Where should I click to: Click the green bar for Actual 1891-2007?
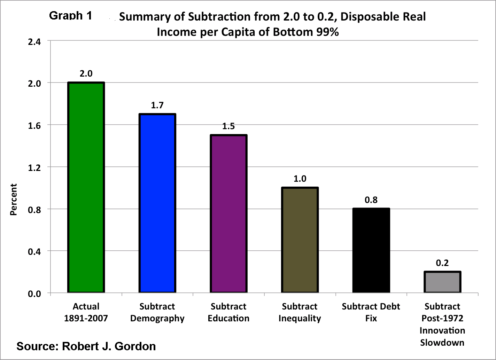[86, 188]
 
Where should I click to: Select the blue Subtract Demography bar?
[157, 204]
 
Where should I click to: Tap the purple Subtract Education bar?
[228, 214]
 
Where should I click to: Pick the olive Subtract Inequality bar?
[300, 240]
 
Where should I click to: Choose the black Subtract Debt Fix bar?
[371, 251]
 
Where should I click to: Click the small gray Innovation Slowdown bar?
[442, 282]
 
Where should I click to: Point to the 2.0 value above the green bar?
[86, 73]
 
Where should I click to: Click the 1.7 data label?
[157, 105]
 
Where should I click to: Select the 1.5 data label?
[228, 126]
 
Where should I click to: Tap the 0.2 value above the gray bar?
[442, 263]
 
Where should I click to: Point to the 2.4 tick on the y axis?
[34, 42]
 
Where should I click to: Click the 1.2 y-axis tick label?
[34, 167]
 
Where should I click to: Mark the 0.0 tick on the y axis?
[34, 294]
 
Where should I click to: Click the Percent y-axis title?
[14, 199]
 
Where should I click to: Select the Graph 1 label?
[71, 16]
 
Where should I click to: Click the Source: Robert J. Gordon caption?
[86, 346]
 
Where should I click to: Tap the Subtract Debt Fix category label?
[371, 312]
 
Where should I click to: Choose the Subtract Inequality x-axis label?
[300, 312]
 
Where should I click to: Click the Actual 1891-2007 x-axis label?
[86, 312]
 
